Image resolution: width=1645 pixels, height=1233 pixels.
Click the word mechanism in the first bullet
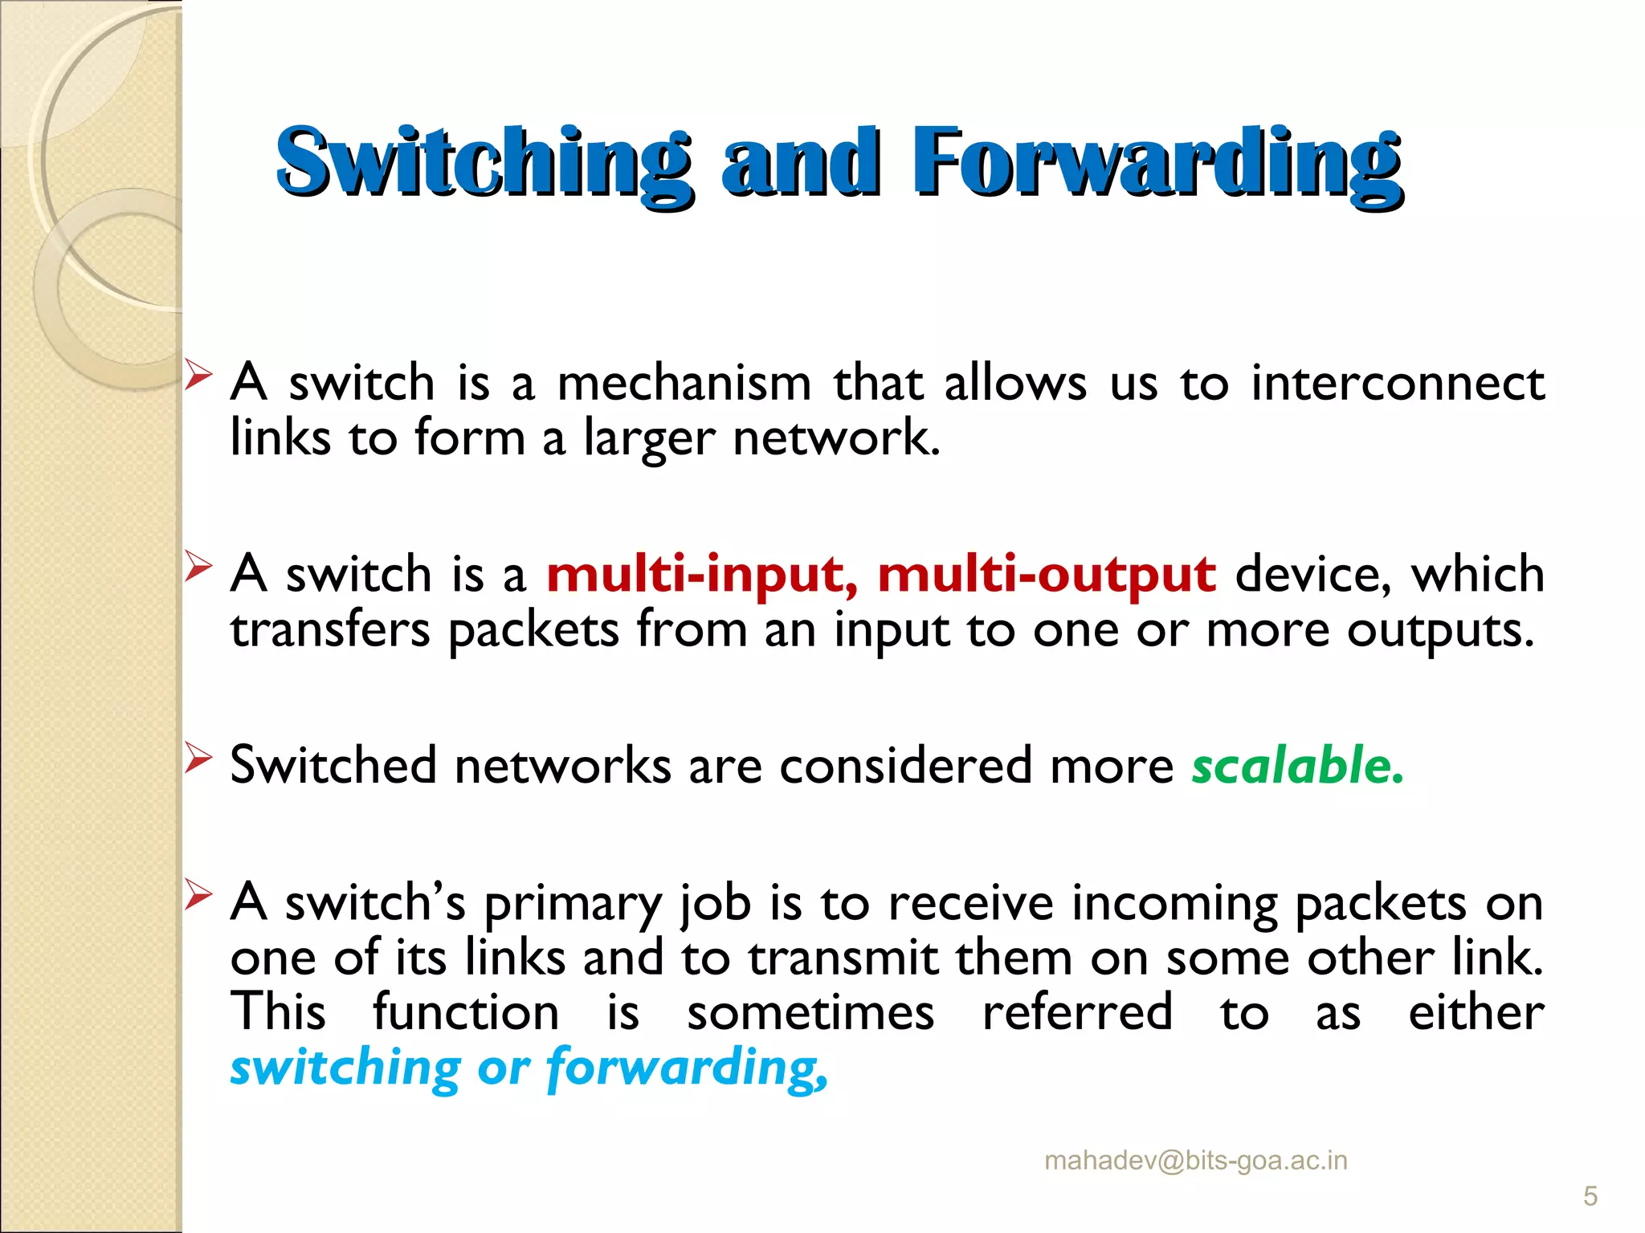pos(684,383)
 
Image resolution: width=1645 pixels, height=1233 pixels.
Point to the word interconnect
pos(1398,383)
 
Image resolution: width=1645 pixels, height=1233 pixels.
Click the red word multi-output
pos(1047,576)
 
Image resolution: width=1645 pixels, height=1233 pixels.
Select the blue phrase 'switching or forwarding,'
pos(529,1068)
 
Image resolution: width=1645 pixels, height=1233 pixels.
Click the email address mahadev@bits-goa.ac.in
pos(1195,1161)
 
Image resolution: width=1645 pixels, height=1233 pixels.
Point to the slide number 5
pos(1590,1197)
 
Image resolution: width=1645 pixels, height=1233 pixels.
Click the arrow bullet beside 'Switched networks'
pos(198,757)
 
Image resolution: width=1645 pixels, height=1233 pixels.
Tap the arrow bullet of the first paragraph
pos(198,375)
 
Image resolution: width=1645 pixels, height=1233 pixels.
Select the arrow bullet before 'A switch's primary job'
pos(198,893)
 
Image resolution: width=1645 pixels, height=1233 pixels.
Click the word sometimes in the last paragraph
pos(810,1012)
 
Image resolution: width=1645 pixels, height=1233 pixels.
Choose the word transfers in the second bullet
pos(330,630)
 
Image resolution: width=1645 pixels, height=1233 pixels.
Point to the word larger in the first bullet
pos(648,439)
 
